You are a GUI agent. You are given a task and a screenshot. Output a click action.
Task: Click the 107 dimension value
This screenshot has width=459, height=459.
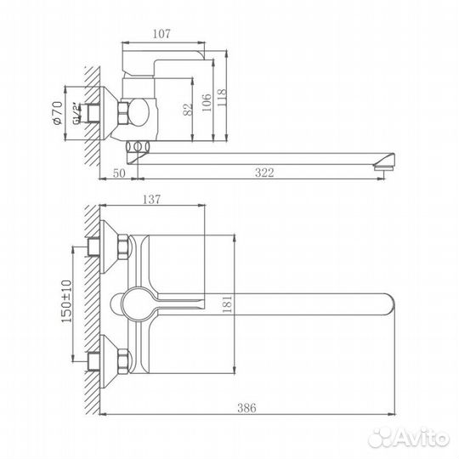click(163, 34)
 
